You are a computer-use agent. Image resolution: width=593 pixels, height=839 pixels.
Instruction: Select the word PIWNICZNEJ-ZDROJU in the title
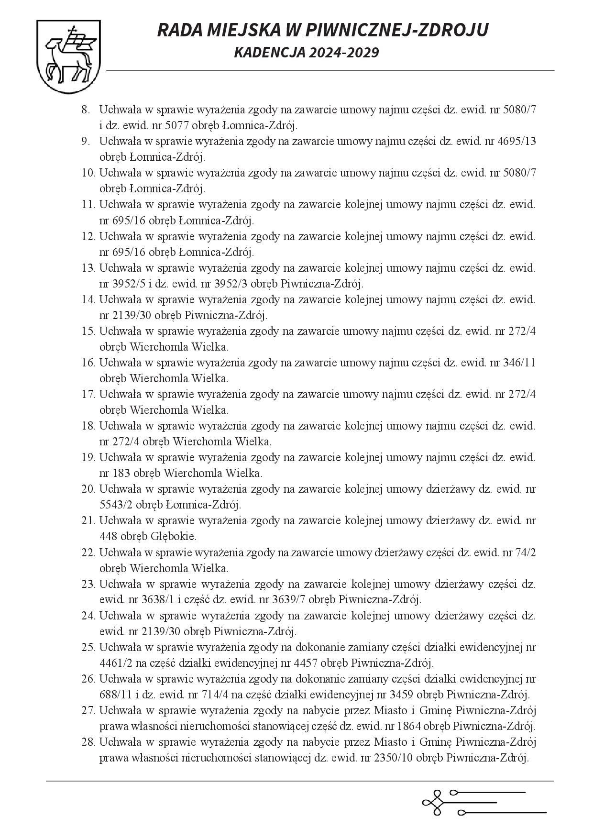[x=396, y=30]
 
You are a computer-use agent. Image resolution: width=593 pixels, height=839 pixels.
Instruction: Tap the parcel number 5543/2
[x=117, y=505]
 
